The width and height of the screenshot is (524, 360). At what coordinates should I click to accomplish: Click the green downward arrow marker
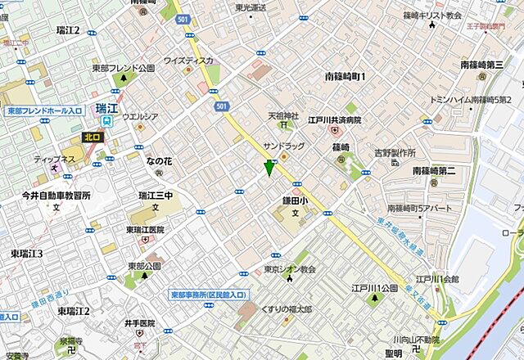pyautogui.click(x=269, y=169)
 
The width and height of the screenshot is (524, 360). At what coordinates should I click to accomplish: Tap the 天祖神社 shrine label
pyautogui.click(x=283, y=116)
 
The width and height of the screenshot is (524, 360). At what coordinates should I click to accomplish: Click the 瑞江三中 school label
pyautogui.click(x=155, y=196)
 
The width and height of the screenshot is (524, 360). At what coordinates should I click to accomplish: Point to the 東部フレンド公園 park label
pyautogui.click(x=123, y=69)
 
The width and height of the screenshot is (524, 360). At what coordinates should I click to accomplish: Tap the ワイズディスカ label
pyautogui.click(x=188, y=60)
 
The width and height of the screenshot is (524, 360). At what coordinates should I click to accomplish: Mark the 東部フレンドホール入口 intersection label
pyautogui.click(x=45, y=110)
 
